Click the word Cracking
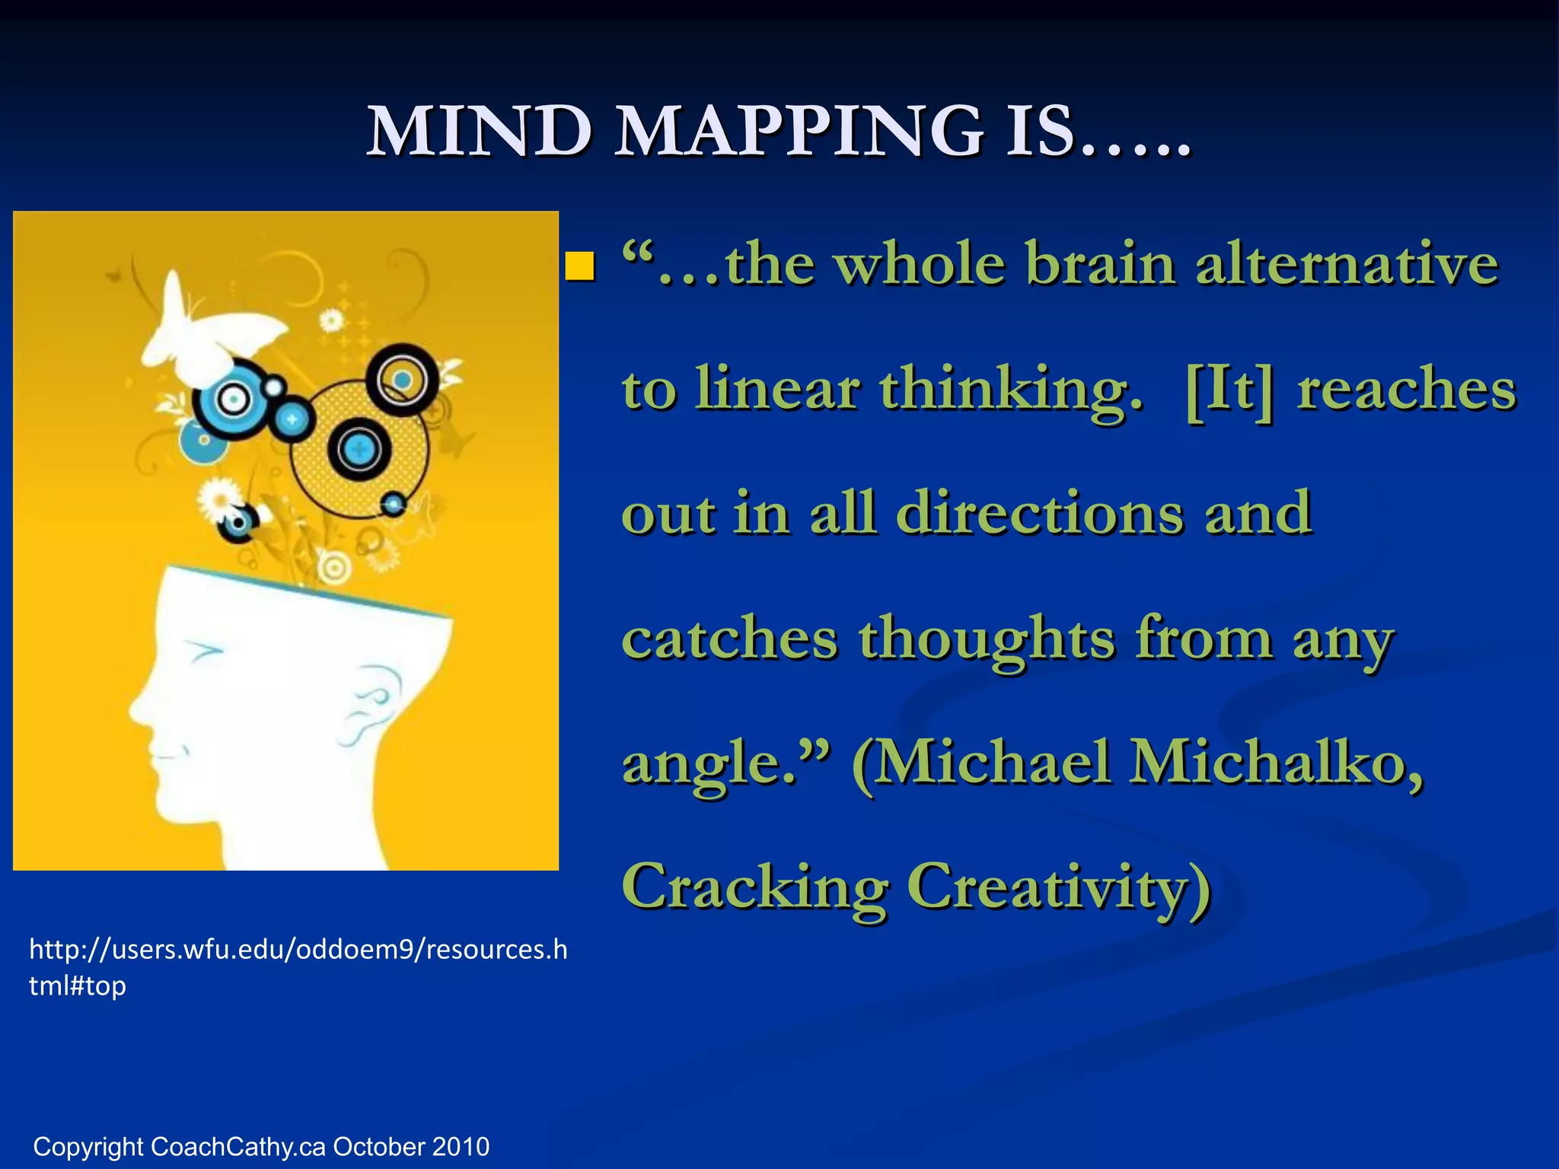coord(755,887)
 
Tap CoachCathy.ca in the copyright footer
coord(238,1146)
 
